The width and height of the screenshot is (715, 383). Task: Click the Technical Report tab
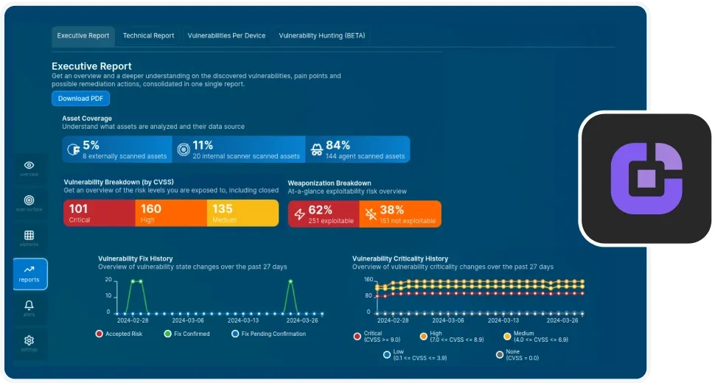pyautogui.click(x=148, y=35)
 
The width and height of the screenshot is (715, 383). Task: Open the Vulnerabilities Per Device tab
pyautogui.click(x=226, y=35)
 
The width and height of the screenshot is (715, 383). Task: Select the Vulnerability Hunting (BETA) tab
pyautogui.click(x=321, y=35)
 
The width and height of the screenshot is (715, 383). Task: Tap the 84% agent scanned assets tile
pyautogui.click(x=357, y=150)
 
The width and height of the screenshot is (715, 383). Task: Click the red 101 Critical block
pyautogui.click(x=99, y=213)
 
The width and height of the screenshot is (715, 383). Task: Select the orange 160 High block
pyautogui.click(x=171, y=213)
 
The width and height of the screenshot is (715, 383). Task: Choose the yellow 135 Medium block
pyautogui.click(x=243, y=213)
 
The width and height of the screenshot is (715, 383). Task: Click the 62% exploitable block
pyautogui.click(x=323, y=214)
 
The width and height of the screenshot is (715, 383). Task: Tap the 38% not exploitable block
pyautogui.click(x=400, y=214)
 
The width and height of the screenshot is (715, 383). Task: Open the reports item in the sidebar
pyautogui.click(x=29, y=274)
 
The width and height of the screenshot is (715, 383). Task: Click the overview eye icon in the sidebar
pyautogui.click(x=29, y=166)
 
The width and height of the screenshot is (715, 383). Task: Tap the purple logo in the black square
pyautogui.click(x=646, y=178)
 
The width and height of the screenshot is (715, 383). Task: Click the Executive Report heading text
pyautogui.click(x=91, y=66)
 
